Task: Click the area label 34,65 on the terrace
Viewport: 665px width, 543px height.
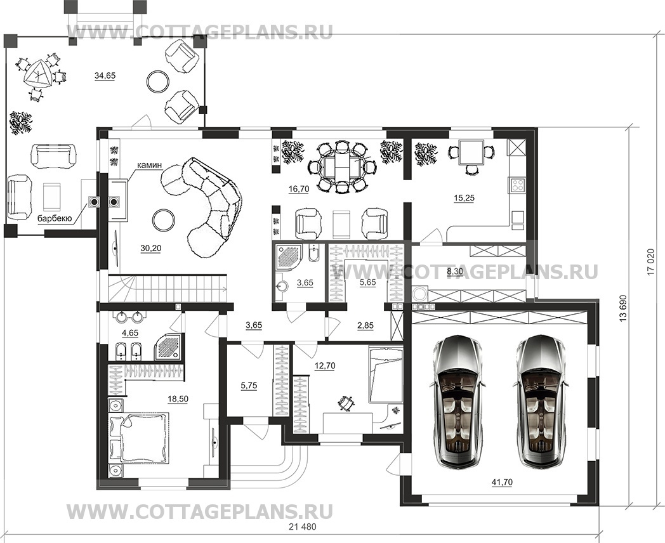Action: coord(105,75)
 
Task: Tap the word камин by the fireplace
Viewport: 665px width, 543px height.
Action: coord(148,166)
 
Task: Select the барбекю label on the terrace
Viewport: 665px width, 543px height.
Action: coord(55,218)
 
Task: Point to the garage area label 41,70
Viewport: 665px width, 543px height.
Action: coord(501,483)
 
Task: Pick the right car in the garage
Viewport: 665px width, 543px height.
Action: coord(540,400)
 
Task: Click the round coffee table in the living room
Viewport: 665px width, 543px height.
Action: coord(164,220)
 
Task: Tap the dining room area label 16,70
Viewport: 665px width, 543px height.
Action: coord(298,189)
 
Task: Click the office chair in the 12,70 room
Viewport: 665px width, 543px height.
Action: coord(346,402)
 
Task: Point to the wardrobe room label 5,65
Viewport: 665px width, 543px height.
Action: coord(368,283)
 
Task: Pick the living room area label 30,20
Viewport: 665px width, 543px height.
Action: coord(150,248)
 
